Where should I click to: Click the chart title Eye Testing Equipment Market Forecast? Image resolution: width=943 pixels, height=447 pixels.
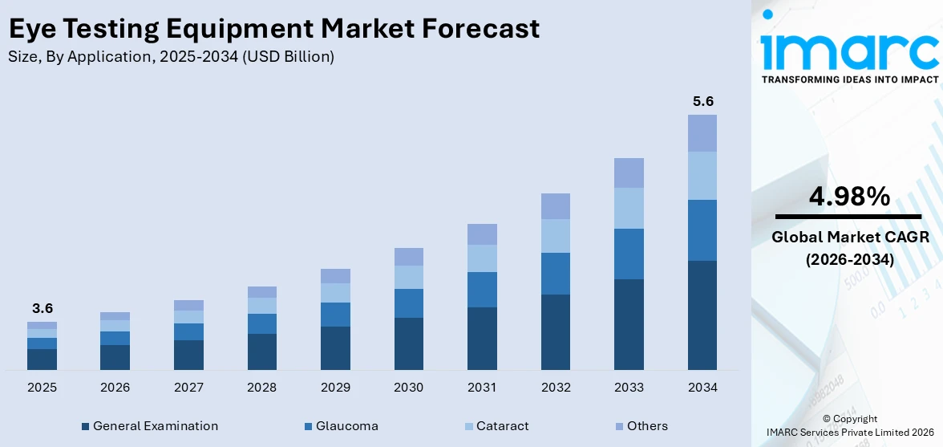273,29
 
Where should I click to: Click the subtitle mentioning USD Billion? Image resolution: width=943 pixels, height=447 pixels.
171,57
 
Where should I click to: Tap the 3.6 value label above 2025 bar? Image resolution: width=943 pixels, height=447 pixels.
42,308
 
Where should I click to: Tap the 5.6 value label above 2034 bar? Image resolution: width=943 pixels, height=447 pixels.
702,102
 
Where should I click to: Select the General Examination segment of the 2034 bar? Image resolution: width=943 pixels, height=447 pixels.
702,315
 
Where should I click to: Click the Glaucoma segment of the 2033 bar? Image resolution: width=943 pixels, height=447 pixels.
629,254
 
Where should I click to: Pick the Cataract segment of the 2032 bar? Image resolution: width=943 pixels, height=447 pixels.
555,236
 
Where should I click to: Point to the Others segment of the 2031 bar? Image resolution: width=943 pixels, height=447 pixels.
482,234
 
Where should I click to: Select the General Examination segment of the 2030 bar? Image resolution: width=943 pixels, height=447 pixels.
408,343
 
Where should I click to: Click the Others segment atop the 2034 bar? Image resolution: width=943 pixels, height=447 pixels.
702,133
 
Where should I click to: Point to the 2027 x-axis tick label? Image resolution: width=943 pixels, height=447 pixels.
188,388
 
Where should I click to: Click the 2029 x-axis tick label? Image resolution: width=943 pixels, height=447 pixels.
335,388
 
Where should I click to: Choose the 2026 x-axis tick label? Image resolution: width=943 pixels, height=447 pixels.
115,388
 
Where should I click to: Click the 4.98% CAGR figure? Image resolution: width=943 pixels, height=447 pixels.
848,197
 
